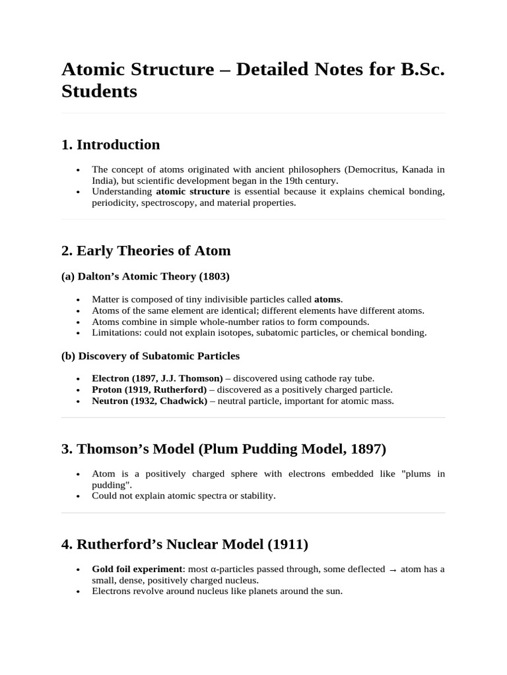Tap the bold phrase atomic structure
(x=193, y=191)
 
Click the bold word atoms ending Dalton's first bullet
(x=327, y=299)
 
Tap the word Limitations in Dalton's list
(x=115, y=333)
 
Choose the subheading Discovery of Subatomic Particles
(x=158, y=356)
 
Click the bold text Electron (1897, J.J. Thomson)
(x=157, y=378)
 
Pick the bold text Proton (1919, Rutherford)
(x=149, y=390)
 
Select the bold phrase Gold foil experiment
(x=137, y=569)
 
